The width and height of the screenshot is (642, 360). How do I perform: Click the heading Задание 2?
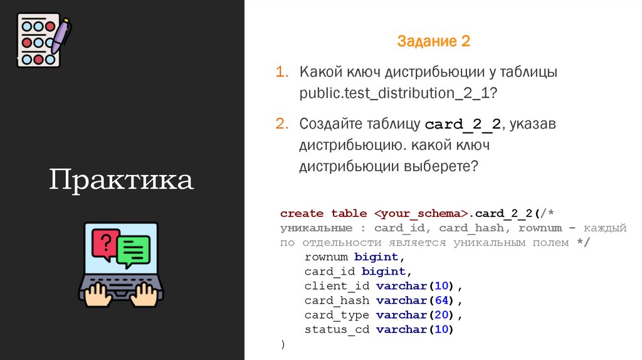(433, 42)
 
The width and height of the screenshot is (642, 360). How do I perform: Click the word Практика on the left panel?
(122, 180)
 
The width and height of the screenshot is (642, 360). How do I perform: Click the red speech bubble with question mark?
(106, 243)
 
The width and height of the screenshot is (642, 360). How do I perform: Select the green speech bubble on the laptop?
(134, 250)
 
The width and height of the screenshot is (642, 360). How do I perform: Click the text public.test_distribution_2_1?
(398, 93)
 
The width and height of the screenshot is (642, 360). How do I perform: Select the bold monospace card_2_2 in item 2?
(463, 124)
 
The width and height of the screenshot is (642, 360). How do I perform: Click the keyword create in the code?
(302, 213)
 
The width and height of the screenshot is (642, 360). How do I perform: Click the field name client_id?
(337, 286)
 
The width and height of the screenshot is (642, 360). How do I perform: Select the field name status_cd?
(337, 329)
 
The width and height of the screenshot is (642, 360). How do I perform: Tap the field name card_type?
(337, 315)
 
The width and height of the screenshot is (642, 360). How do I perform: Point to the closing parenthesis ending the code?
(283, 344)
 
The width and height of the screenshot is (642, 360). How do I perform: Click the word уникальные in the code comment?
(316, 228)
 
